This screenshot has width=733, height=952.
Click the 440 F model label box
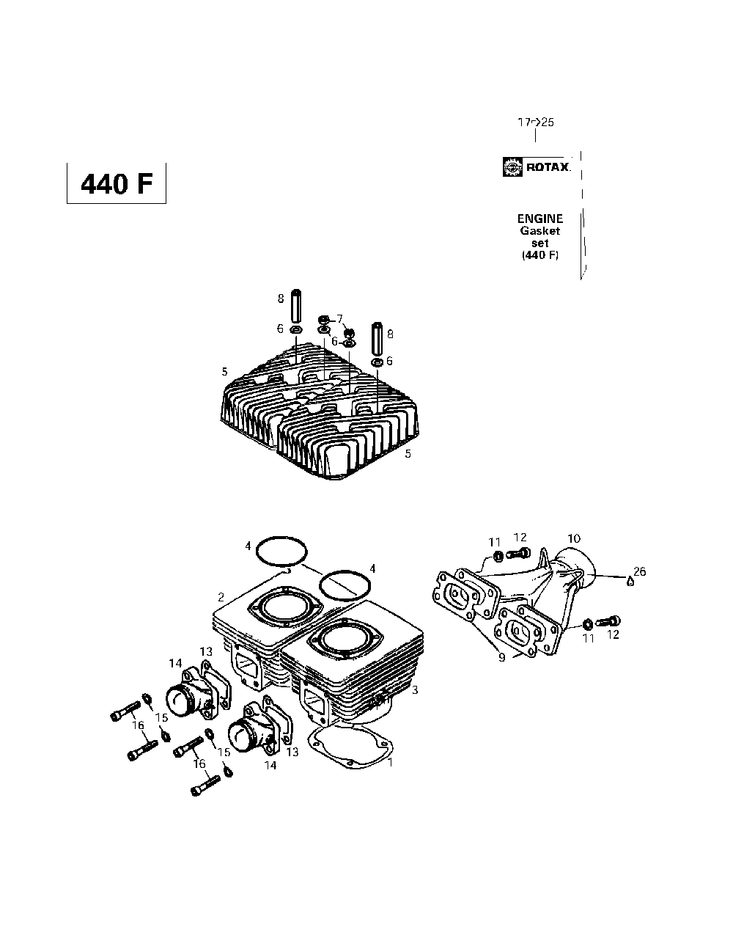[x=117, y=183]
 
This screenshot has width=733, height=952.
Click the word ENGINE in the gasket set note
[x=540, y=219]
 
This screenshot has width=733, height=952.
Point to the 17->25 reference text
[x=536, y=122]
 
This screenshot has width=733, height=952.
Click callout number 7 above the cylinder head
[x=340, y=318]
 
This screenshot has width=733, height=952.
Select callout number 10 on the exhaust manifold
[x=574, y=538]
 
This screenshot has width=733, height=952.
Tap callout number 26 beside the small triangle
[x=639, y=571]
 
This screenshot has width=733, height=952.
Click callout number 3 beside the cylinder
[x=415, y=689]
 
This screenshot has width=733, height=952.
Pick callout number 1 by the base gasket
[x=390, y=762]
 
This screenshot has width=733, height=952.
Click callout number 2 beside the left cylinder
[x=221, y=597]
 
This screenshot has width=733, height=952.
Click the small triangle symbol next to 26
[x=630, y=582]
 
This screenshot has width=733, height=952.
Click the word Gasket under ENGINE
[x=540, y=231]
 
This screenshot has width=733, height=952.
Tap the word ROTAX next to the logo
[x=548, y=167]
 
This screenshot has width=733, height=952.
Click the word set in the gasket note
[x=539, y=244]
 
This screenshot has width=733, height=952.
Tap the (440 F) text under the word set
[x=540, y=255]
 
